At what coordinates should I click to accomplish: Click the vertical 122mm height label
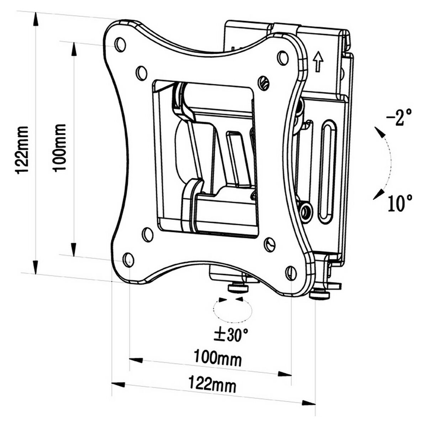coord(22,149)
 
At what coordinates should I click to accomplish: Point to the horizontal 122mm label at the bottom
coord(212,385)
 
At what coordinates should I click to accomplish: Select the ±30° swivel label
coord(230,334)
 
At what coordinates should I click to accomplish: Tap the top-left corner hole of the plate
coord(120,43)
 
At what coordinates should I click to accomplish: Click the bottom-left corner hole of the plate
coord(128,259)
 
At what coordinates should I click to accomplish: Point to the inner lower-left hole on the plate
coord(147,234)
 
